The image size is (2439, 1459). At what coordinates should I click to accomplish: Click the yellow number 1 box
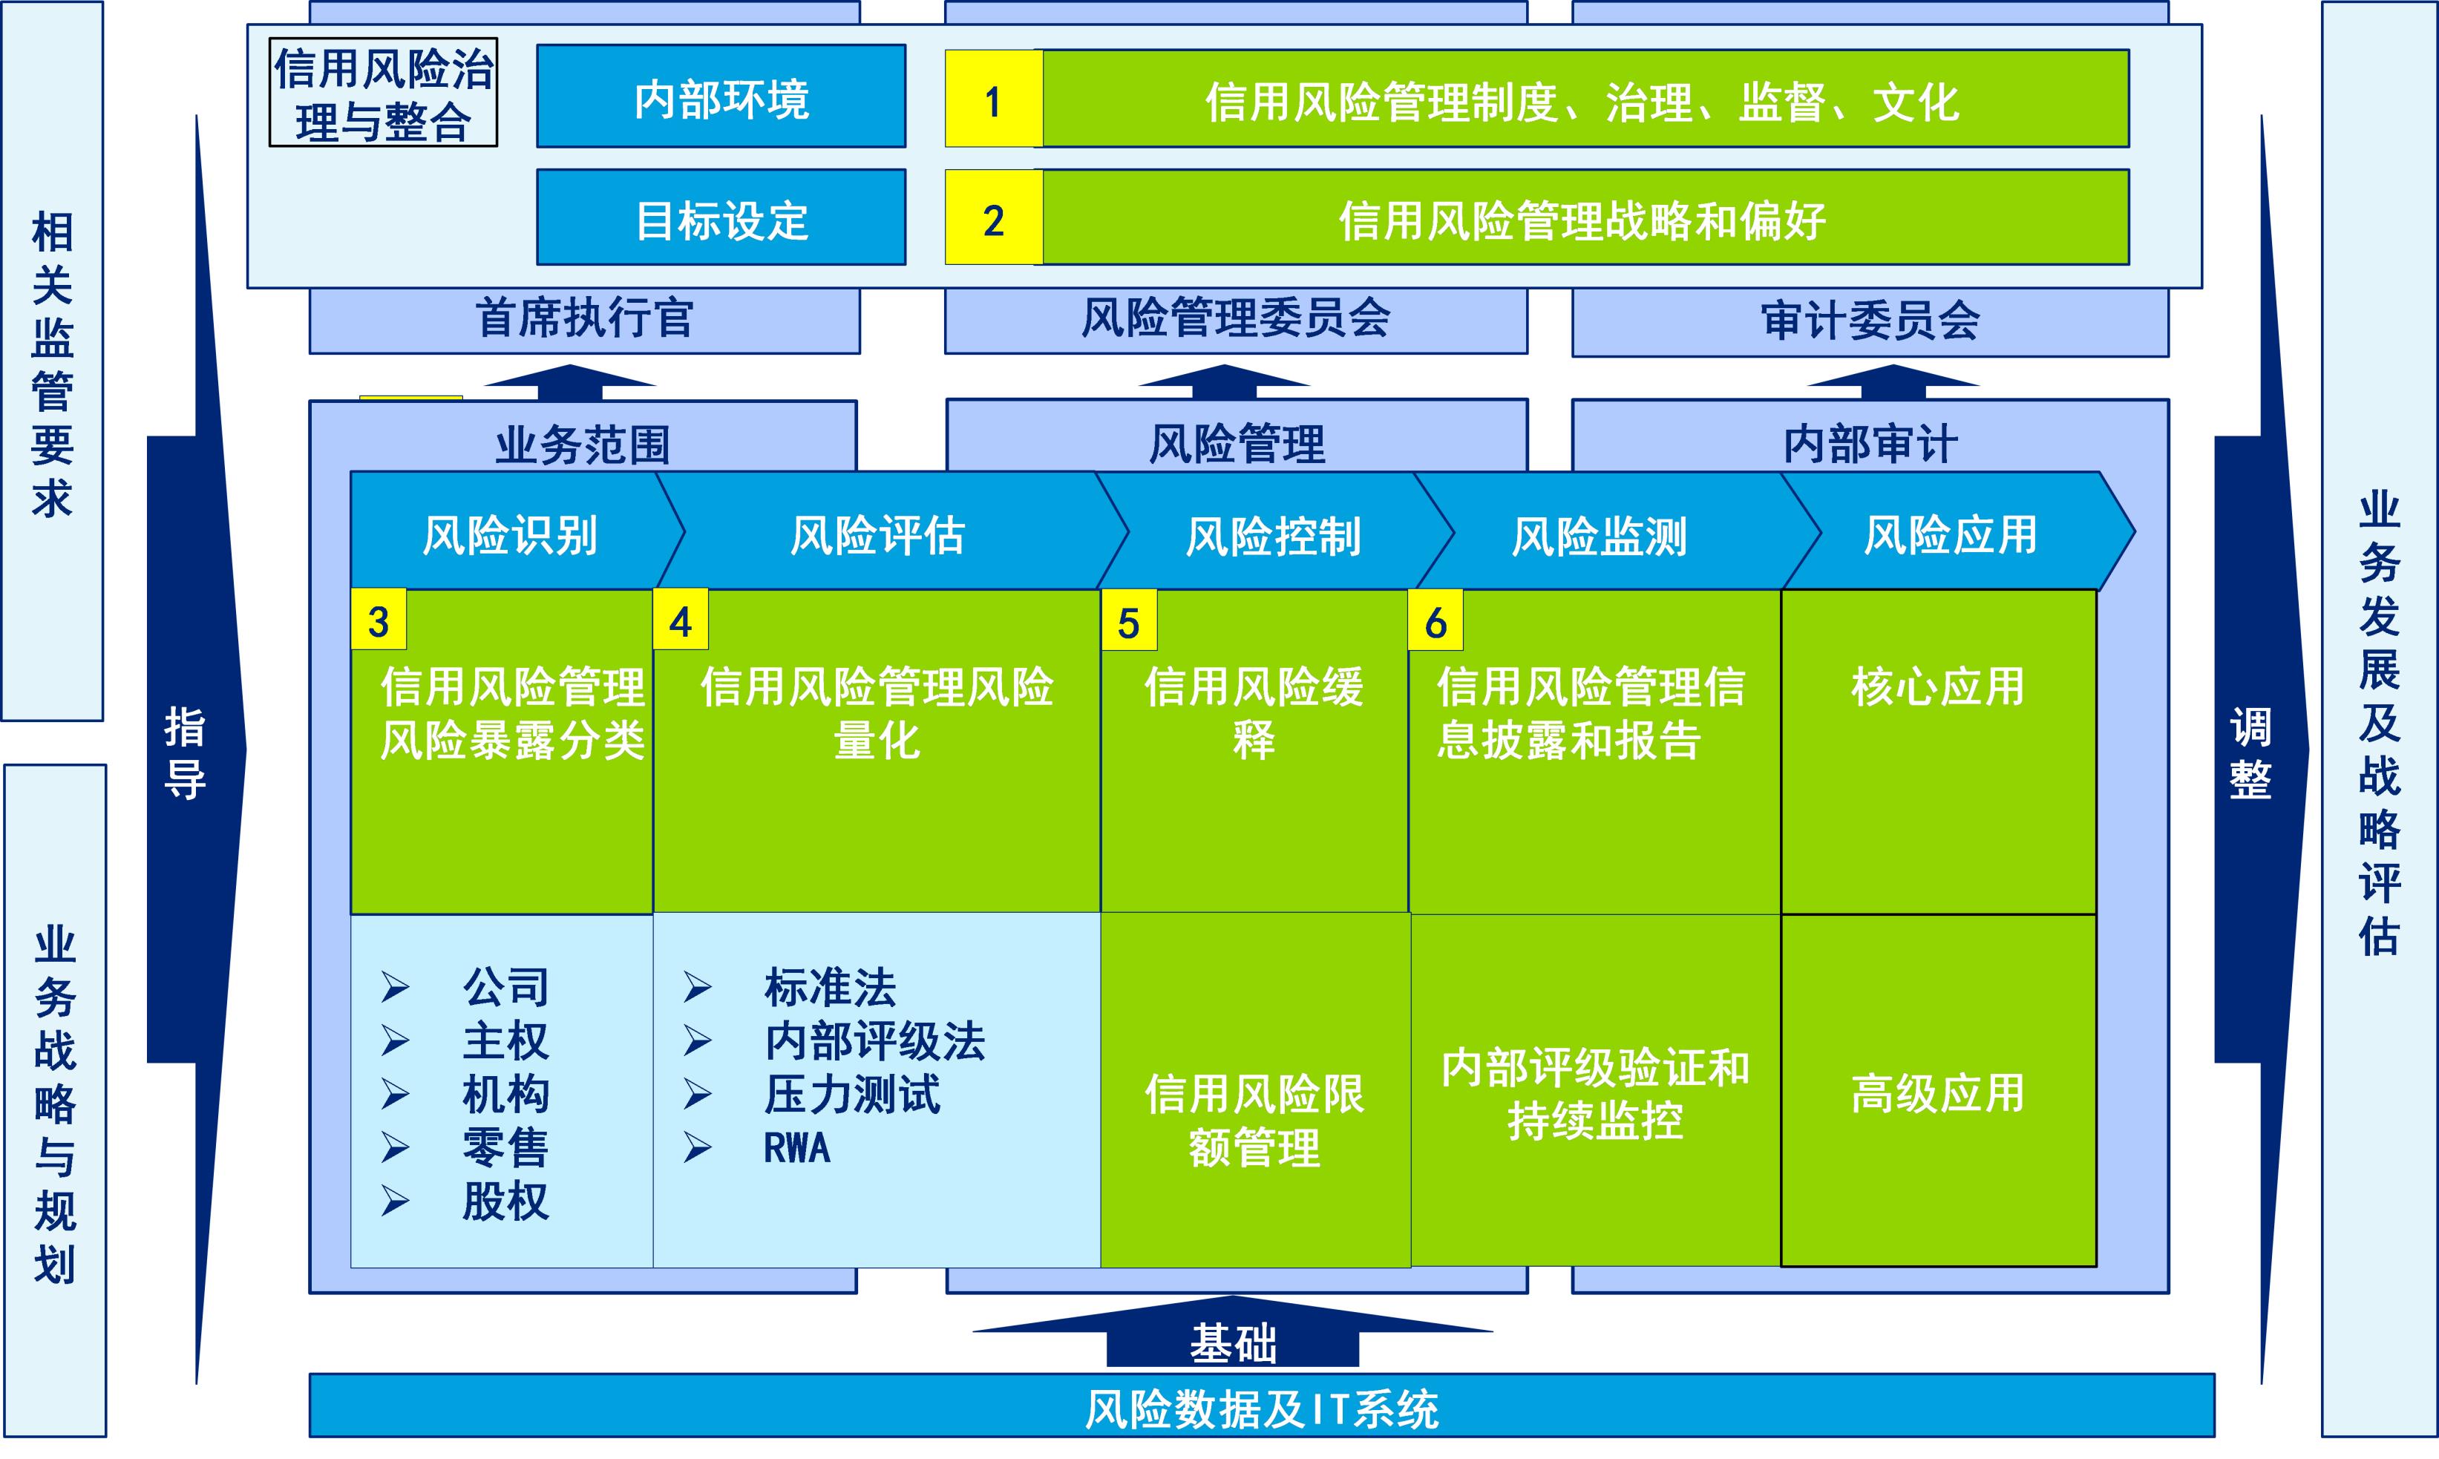point(993,99)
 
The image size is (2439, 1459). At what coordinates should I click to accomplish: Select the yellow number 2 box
point(993,217)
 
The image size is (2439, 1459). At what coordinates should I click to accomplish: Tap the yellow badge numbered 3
point(379,620)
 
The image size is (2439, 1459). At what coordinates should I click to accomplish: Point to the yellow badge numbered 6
point(1435,621)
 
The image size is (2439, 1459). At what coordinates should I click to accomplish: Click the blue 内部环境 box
point(721,97)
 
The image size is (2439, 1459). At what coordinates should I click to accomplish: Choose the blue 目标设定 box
point(721,217)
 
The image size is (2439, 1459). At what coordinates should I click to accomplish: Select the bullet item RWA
point(796,1147)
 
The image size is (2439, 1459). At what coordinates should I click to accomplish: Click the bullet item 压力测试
point(851,1094)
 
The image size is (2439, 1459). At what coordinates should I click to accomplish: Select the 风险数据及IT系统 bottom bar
point(1261,1407)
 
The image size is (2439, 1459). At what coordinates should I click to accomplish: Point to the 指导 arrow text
point(185,752)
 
